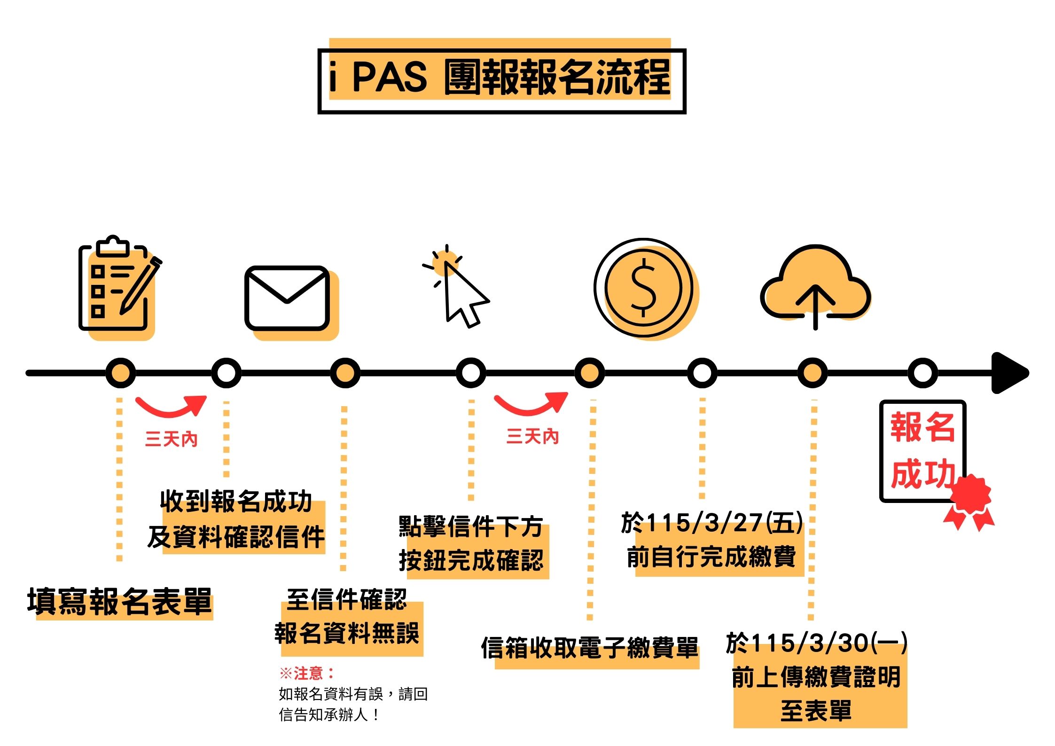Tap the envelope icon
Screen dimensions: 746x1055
[288, 298]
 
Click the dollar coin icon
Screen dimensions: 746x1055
[643, 288]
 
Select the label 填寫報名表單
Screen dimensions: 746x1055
[120, 602]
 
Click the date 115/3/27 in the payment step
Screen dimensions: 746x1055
[705, 523]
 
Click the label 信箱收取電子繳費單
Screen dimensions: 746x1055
[590, 648]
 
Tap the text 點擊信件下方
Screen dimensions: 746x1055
[471, 526]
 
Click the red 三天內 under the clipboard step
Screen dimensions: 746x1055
[171, 440]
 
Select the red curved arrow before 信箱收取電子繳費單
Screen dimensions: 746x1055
[531, 404]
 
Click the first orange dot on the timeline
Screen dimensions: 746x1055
[121, 373]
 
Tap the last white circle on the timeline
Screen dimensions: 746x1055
[922, 373]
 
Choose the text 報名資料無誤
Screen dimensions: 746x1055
[347, 633]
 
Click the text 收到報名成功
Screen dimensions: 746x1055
[236, 501]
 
